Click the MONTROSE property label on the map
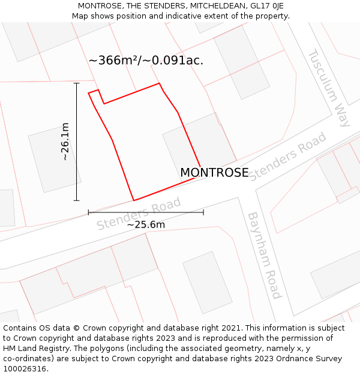point(214,173)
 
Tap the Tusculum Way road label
point(329,88)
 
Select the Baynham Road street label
point(265,255)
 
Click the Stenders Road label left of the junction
point(139,214)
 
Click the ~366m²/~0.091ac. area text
point(146,61)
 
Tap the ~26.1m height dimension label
point(65,142)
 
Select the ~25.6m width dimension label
point(146,225)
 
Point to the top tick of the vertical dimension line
point(77,83)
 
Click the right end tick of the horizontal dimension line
point(203,212)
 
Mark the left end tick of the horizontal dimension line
point(88,212)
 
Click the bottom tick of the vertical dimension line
point(77,200)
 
